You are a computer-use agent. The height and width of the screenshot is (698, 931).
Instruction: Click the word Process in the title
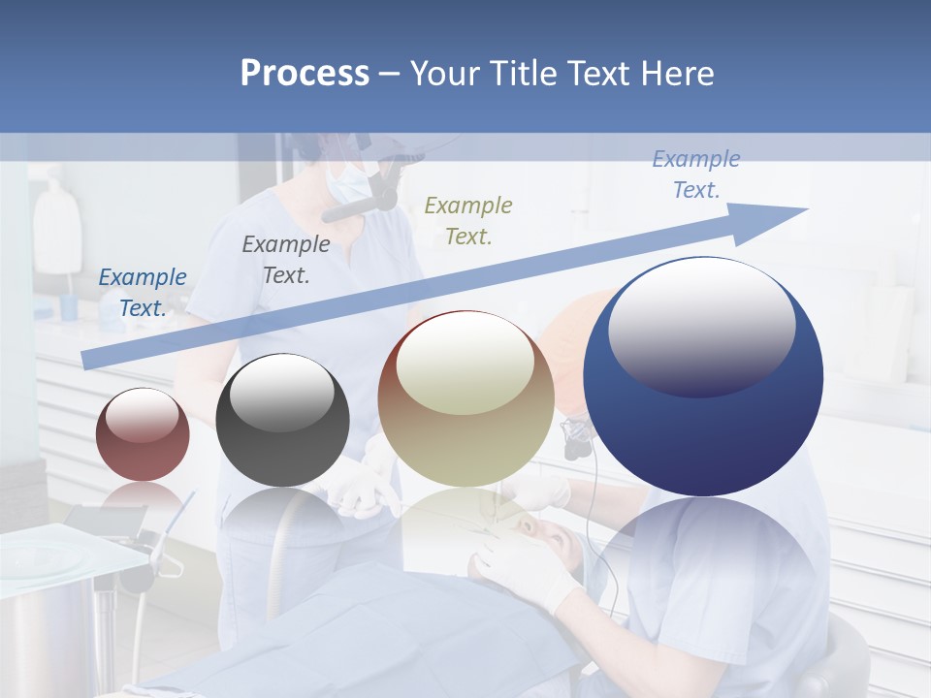(x=305, y=74)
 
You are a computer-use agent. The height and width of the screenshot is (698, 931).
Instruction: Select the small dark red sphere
(x=143, y=434)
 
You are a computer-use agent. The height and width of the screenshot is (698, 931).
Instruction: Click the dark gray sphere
(x=282, y=420)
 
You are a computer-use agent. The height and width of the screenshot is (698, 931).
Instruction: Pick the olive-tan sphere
(x=465, y=398)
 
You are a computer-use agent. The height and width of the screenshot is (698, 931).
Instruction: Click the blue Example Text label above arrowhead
(x=695, y=174)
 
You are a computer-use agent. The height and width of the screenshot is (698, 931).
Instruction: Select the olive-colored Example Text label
(x=468, y=220)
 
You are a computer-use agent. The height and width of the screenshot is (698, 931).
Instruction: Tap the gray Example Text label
(x=285, y=260)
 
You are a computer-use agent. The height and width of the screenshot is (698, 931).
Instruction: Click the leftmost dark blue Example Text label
(x=143, y=292)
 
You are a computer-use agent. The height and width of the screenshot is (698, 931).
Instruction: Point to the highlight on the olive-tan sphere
(x=465, y=362)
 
